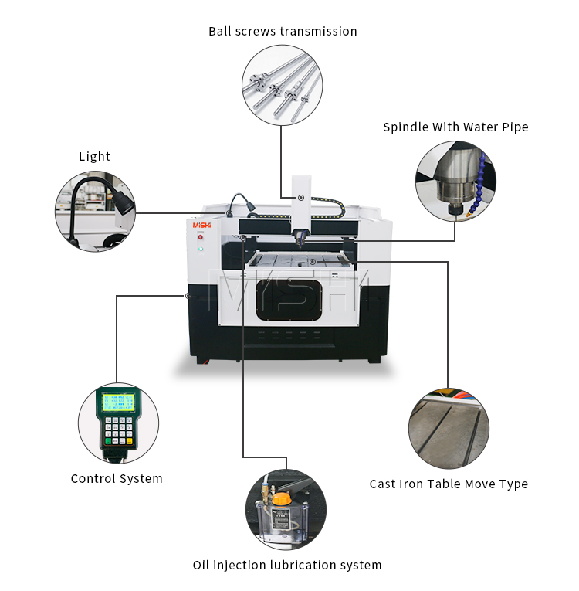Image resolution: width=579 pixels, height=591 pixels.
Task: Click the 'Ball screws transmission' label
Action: coord(283,32)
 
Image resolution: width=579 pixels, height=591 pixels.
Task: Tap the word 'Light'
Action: coord(94,157)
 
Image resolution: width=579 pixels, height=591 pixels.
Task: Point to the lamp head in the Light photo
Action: coord(123,202)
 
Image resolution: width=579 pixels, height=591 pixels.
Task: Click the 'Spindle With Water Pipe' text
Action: coord(455,127)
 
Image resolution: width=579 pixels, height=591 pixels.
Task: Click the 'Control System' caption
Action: coord(117,479)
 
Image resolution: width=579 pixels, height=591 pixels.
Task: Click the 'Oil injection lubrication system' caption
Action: coord(286,566)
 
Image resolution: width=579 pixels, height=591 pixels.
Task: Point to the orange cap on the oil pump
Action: coord(280,499)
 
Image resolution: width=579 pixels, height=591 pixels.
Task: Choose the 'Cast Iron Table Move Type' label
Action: coord(449,484)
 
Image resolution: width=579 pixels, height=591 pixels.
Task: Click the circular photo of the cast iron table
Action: coord(449,429)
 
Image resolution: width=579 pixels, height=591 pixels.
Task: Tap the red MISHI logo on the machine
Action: coord(201,225)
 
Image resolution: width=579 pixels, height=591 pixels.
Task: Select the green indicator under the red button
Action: coord(201,249)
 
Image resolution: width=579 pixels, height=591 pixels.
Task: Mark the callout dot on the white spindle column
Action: coord(301,198)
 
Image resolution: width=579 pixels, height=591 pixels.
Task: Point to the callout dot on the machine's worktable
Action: coord(312,262)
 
